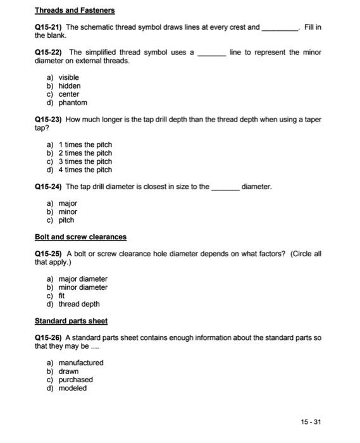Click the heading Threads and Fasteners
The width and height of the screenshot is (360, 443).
pos(75,11)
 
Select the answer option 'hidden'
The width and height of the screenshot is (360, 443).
pos(70,86)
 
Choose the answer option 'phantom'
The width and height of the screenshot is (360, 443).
pos(73,103)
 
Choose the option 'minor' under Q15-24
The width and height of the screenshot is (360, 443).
pos(68,212)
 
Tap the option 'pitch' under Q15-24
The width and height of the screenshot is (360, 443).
pos(66,220)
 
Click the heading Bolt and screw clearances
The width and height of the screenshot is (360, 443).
pos(80,237)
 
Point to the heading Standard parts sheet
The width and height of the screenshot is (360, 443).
pos(71,321)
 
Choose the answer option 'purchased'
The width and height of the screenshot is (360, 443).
pos(76,380)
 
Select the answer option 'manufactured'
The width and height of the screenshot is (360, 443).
pos(81,363)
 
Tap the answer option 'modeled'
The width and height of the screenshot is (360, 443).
pos(73,388)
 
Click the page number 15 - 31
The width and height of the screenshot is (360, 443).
pos(310,422)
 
